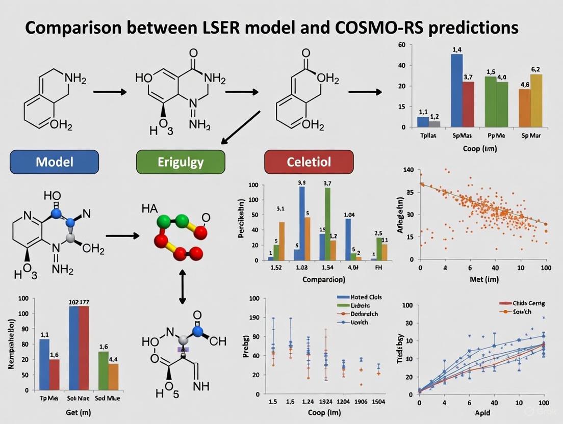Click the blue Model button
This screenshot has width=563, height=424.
[x=54, y=162]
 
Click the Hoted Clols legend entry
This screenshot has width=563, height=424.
[x=359, y=297]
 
